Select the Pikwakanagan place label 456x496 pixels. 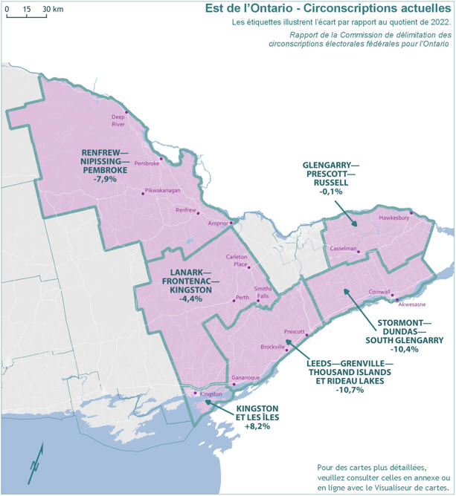pos(163,191)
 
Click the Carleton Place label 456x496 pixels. pos(237,261)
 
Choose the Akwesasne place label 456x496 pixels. pos(413,304)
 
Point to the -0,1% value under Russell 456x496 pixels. pos(331,192)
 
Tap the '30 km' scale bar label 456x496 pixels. pos(52,9)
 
